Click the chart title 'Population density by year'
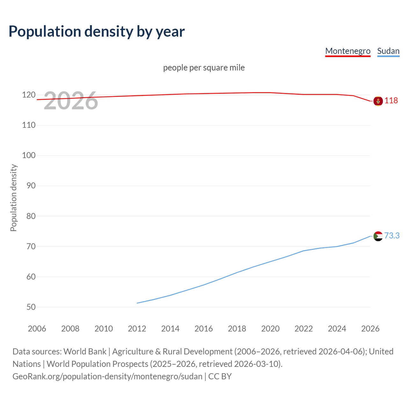point(97,32)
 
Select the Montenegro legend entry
point(347,51)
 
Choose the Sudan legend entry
point(388,51)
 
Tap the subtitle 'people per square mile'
point(204,68)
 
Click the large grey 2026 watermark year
point(71,101)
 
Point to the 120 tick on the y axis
point(29,95)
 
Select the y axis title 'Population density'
point(13,198)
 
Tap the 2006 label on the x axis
point(37,329)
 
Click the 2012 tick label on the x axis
point(137,329)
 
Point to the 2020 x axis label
point(270,329)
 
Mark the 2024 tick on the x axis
point(337,329)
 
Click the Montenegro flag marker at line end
point(378,101)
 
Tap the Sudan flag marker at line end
point(378,236)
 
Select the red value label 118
point(391,101)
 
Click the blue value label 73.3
point(392,236)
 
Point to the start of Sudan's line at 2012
point(137,303)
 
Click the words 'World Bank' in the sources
point(85,352)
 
